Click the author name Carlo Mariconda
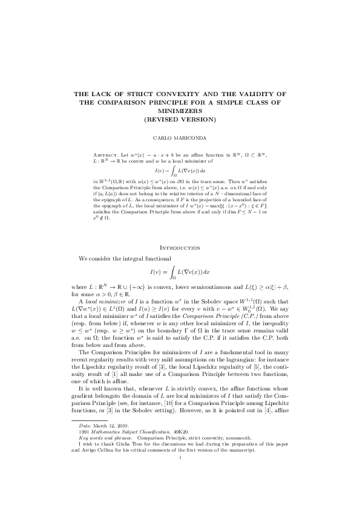click(180, 138)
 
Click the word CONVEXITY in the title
click(180, 94)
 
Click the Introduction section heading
click(180, 248)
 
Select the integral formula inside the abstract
click(180, 172)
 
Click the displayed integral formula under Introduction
click(180, 270)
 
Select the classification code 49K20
click(180, 432)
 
